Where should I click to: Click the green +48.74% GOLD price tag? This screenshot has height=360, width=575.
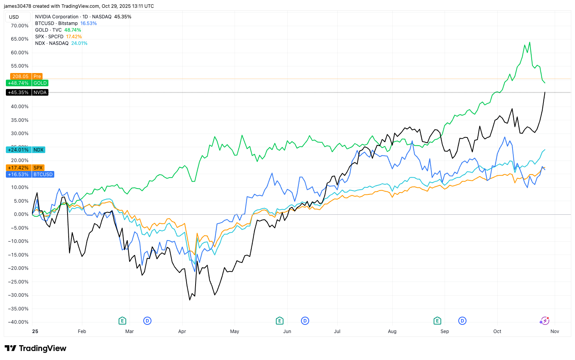(x=27, y=83)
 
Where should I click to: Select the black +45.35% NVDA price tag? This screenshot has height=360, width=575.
(x=27, y=93)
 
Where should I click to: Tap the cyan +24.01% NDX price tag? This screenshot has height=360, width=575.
(x=26, y=150)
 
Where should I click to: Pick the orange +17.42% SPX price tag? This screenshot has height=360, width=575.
(x=26, y=168)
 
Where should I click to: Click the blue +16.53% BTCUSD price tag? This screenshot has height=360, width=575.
(x=30, y=175)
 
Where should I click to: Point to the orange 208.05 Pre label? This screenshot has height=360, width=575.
(x=26, y=77)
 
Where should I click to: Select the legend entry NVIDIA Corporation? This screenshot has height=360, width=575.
(x=57, y=17)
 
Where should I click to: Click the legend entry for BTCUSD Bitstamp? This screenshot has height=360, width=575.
(x=56, y=23)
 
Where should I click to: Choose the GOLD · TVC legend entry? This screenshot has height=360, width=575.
(x=48, y=30)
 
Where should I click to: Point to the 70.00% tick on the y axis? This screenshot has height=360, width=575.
(x=20, y=26)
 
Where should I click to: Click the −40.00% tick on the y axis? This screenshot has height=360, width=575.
(x=18, y=322)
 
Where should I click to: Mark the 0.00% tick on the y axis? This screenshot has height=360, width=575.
(x=21, y=214)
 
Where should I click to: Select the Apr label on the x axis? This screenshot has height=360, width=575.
(x=182, y=331)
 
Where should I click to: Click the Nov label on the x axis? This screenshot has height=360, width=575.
(x=555, y=331)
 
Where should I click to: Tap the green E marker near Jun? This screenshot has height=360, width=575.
(x=279, y=321)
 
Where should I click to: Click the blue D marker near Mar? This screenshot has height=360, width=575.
(x=147, y=321)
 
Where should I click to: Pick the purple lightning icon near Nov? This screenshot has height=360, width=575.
(x=545, y=321)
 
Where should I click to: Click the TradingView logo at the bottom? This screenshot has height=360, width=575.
(x=36, y=348)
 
